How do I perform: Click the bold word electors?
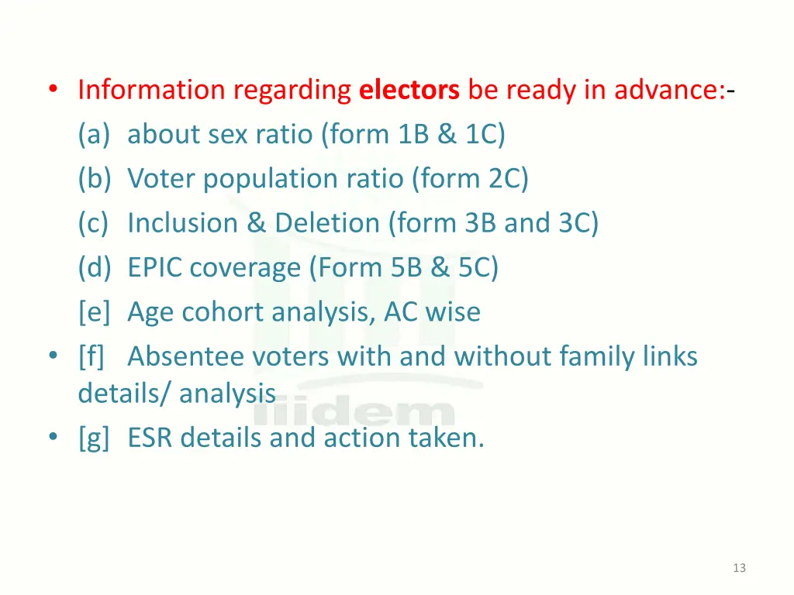pos(409,91)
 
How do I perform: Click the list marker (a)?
pos(94,136)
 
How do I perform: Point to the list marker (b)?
pos(95,180)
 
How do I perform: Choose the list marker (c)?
pos(94,224)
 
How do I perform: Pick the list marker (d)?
pos(95,268)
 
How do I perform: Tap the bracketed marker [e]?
pos(94,312)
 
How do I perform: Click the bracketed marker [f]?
pos(91,357)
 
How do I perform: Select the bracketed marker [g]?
pos(94,439)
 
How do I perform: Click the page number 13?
pos(739,568)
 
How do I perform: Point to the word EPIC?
pos(156,268)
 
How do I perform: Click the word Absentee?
pos(182,357)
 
